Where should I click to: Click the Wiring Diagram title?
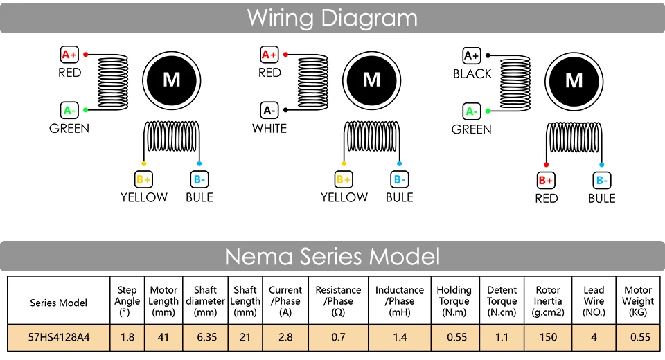pyautogui.click(x=332, y=18)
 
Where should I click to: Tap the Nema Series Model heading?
pyautogui.click(x=332, y=256)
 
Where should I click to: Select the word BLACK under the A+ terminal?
pyautogui.click(x=472, y=74)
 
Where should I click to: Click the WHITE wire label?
pyautogui.click(x=269, y=129)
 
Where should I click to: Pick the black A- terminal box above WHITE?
pyautogui.click(x=269, y=110)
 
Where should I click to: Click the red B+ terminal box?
pyautogui.click(x=546, y=180)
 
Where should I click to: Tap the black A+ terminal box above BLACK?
pyautogui.click(x=472, y=55)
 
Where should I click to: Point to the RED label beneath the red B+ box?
pyautogui.click(x=547, y=199)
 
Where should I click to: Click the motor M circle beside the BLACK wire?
pyautogui.click(x=574, y=81)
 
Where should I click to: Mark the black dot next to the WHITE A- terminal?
pyautogui.click(x=285, y=110)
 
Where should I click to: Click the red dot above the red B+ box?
pyautogui.click(x=547, y=165)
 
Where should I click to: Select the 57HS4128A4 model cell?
pyautogui.click(x=59, y=338)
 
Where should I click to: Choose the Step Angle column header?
pyautogui.click(x=127, y=301)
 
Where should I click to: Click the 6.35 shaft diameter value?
pyautogui.click(x=206, y=338)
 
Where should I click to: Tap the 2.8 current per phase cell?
pyautogui.click(x=285, y=338)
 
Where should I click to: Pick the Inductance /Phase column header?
pyautogui.click(x=400, y=301)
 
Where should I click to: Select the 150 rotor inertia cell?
pyautogui.click(x=548, y=338)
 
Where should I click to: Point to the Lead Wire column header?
pyautogui.click(x=594, y=301)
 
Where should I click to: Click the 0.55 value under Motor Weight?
pyautogui.click(x=639, y=338)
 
